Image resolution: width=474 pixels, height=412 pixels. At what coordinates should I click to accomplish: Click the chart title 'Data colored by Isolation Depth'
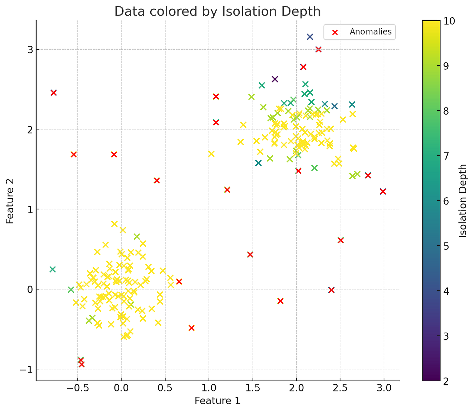[x=217, y=11]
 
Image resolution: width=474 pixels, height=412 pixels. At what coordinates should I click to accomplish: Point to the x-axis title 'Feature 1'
[x=217, y=401]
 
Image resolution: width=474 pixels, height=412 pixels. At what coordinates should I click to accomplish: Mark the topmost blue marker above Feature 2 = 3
[x=310, y=37]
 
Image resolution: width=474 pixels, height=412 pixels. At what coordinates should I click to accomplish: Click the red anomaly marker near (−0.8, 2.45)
[x=53, y=93]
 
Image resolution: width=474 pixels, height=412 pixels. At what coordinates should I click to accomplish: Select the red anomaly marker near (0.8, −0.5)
[x=192, y=328]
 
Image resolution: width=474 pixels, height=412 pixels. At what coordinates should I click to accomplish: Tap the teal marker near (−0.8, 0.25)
[x=52, y=269]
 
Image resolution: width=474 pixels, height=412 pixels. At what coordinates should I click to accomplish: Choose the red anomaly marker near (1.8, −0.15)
[x=280, y=301]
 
